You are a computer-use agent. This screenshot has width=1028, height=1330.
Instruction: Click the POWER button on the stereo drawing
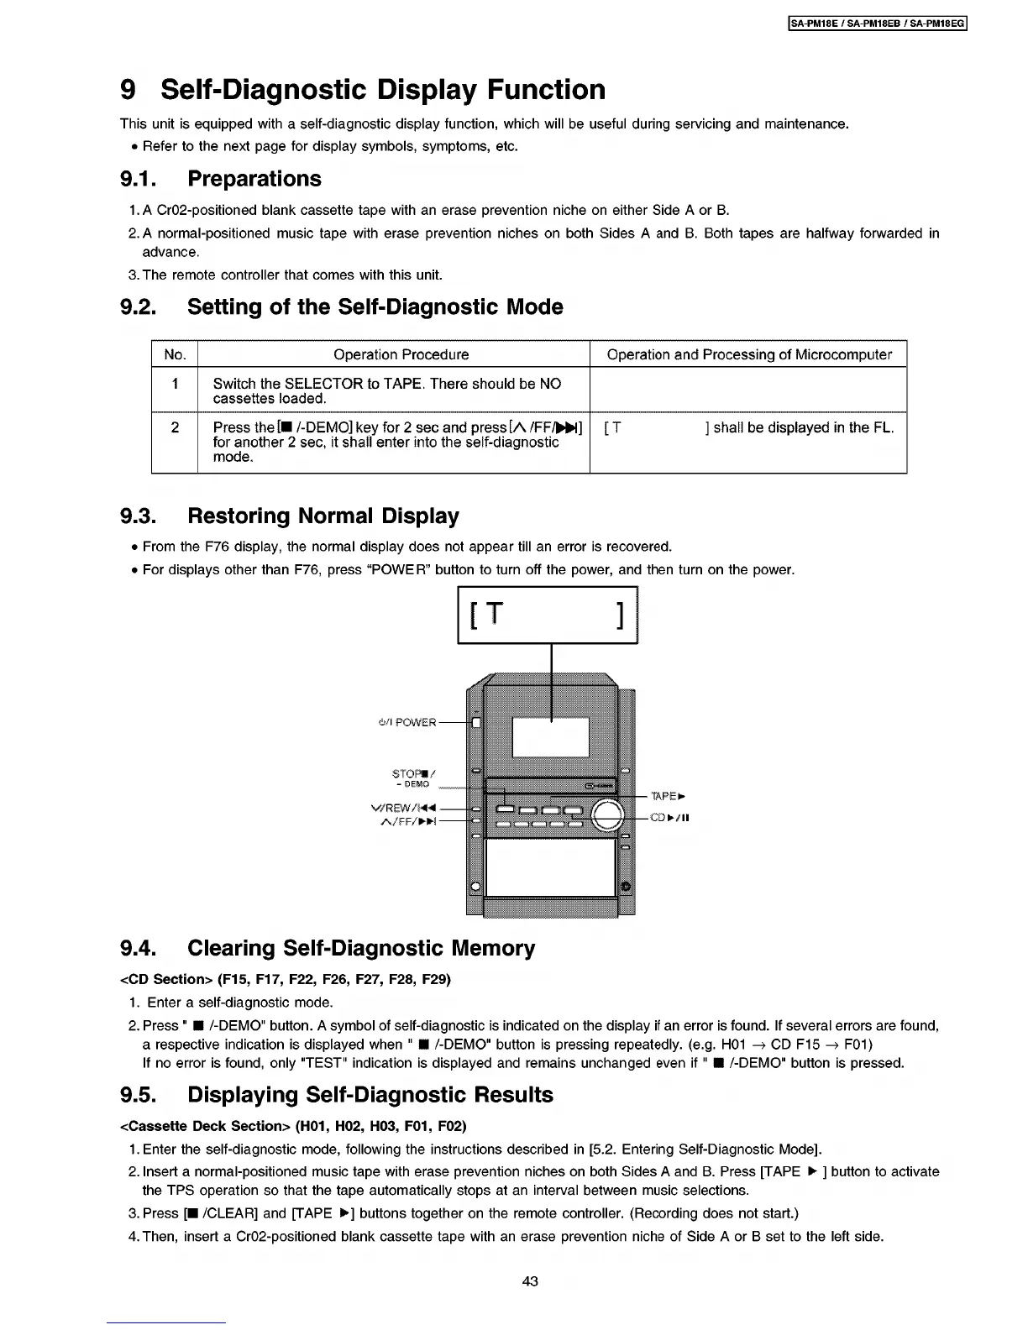click(x=475, y=722)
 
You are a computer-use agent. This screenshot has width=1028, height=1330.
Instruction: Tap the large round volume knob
click(x=608, y=815)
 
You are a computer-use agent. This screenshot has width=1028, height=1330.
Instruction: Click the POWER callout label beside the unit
click(x=408, y=722)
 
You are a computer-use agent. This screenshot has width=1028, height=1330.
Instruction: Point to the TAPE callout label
click(x=663, y=796)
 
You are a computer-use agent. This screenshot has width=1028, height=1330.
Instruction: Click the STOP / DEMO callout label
click(x=412, y=778)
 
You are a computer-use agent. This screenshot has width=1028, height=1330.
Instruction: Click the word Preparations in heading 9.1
click(x=254, y=179)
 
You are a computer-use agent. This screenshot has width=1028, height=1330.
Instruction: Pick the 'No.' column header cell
click(x=175, y=354)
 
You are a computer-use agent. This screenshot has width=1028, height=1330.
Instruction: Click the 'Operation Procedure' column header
click(x=401, y=354)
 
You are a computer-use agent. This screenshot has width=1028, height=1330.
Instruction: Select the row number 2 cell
click(x=175, y=427)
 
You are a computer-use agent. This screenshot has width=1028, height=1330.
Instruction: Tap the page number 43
click(x=529, y=1281)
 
